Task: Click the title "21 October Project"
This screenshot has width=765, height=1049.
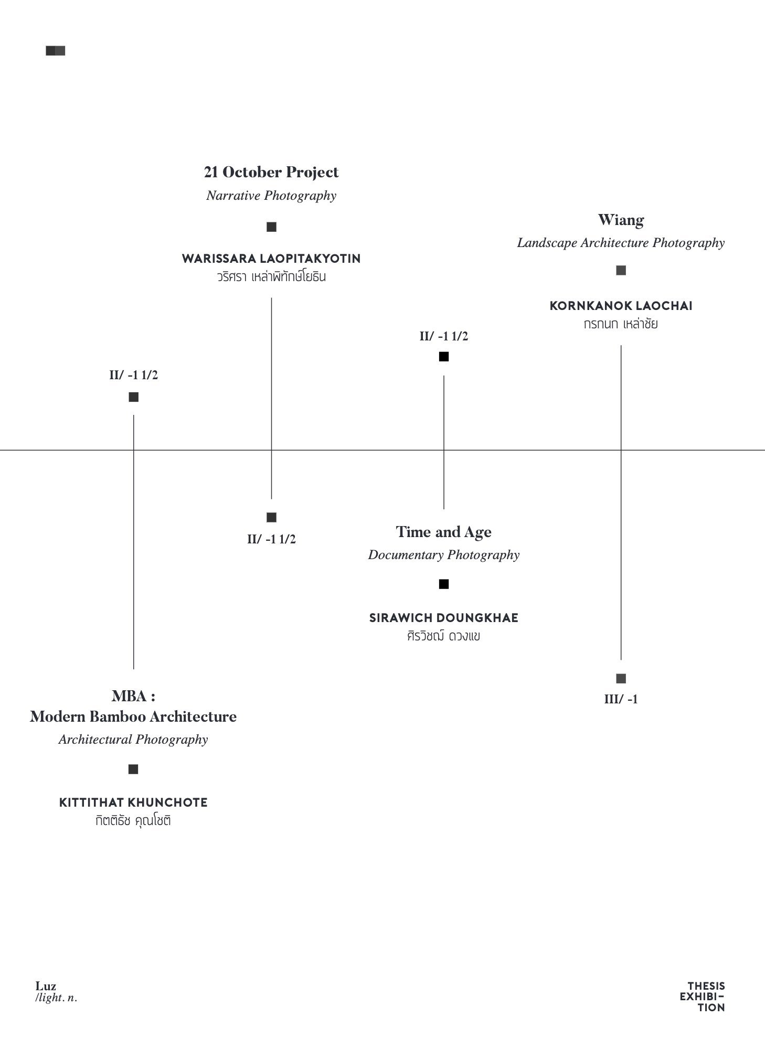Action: click(271, 172)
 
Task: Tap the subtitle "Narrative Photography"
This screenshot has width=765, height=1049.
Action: click(271, 196)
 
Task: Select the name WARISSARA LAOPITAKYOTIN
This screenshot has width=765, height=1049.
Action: click(271, 259)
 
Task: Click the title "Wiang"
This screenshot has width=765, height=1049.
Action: click(621, 220)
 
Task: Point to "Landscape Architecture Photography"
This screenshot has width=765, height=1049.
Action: click(621, 243)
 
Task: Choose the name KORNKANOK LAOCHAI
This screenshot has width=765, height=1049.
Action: click(621, 306)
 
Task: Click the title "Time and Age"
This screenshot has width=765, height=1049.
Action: click(444, 532)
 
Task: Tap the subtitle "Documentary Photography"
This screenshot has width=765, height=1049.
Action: click(444, 555)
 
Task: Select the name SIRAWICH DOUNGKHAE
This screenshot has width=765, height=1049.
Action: click(444, 618)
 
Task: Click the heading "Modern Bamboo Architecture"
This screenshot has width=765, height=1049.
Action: click(133, 716)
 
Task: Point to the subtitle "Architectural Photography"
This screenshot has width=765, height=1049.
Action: click(133, 740)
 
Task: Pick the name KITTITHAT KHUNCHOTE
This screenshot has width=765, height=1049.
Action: click(133, 802)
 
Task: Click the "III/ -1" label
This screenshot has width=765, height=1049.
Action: click(621, 699)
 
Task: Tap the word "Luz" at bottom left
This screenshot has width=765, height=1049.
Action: click(46, 986)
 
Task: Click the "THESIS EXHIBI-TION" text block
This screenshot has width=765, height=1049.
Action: click(702, 997)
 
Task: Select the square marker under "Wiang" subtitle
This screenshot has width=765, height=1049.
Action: click(621, 271)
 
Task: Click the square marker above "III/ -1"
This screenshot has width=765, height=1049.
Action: click(621, 679)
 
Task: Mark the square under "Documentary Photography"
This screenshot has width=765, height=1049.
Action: click(444, 584)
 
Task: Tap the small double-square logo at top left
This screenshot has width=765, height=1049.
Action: click(56, 51)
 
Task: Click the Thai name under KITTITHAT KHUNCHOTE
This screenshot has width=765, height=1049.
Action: click(133, 820)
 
